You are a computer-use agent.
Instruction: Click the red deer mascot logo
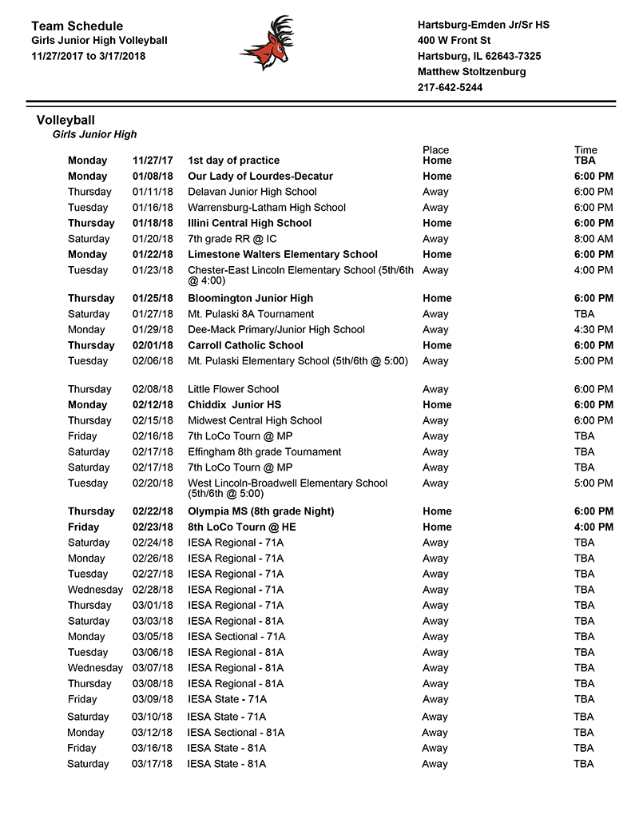tap(267, 43)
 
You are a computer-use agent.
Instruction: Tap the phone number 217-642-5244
tap(450, 88)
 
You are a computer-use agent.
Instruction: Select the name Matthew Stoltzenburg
tap(471, 72)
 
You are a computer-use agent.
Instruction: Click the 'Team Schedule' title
tap(77, 26)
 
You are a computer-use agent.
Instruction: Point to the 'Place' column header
tap(435, 150)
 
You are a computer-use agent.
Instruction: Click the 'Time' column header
tap(585, 150)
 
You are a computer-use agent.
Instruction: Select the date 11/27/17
tap(153, 161)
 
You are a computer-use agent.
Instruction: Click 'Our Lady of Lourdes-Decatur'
tap(260, 177)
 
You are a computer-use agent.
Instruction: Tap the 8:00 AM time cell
tap(593, 239)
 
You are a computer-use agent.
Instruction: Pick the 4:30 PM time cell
tap(593, 330)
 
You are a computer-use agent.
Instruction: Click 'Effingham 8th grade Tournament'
tap(264, 452)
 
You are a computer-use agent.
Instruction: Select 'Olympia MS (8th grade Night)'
tap(261, 511)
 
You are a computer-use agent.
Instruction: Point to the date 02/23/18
tap(153, 527)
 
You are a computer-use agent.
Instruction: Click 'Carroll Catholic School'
tap(245, 346)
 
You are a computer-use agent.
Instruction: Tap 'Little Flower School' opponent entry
tap(233, 390)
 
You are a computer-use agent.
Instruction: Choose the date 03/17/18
tap(153, 765)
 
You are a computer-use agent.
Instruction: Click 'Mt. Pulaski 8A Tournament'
tap(251, 315)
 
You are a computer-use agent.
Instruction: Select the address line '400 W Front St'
tap(454, 41)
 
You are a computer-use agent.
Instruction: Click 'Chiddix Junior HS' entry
tap(235, 405)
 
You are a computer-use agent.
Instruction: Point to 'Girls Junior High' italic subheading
tap(94, 135)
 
